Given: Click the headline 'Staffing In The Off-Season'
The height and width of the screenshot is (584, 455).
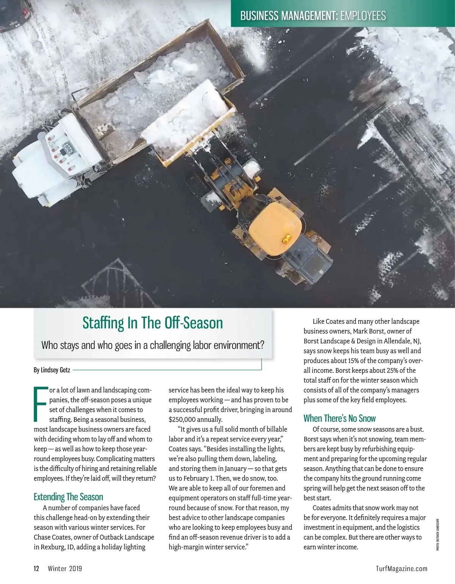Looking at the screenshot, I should pos(152,323).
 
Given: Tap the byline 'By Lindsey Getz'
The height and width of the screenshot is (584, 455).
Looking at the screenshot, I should pos(52,370).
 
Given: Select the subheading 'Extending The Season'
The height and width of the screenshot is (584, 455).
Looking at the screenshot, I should pos(68,497).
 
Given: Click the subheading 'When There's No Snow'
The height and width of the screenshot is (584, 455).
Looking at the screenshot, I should pos(339,418).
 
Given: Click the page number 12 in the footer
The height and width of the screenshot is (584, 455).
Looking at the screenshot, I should pos(36,568).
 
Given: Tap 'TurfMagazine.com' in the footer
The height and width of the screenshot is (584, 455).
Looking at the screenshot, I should pos(402,568).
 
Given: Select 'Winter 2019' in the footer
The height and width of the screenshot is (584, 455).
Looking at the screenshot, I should pos(65,568).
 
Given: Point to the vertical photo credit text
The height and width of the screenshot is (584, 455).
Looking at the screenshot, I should pos(438,534).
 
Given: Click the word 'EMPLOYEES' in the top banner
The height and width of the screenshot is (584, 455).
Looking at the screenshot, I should pos(363,16).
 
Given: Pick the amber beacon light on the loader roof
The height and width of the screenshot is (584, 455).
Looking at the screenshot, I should pos(286,239).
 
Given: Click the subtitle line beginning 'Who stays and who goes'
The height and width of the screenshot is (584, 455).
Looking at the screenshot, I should pos(152,345).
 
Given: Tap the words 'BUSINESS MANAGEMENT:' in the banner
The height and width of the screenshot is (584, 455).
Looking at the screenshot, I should pos(289,16).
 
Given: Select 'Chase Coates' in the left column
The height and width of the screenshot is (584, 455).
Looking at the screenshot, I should pos(52,537).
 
